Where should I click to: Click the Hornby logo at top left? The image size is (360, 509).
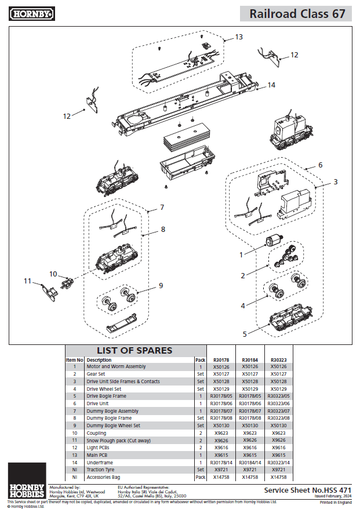click(32, 13)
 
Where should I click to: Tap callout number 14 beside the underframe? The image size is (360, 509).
click(271, 85)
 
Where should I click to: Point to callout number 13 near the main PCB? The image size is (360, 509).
click(239, 37)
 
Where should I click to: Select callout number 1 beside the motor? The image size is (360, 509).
click(241, 254)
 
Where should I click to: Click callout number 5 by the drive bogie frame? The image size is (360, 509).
click(245, 334)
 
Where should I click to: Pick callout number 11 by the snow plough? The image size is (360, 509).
click(27, 281)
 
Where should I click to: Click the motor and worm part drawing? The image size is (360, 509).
click(273, 241)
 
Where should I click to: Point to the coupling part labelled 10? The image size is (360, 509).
click(68, 282)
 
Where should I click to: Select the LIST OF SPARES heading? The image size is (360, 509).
click(134, 350)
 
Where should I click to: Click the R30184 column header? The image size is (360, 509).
click(250, 359)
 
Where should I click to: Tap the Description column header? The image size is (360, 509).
click(99, 359)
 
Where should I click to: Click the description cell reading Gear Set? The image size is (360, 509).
click(96, 375)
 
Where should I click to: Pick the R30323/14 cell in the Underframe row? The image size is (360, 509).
click(278, 462)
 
